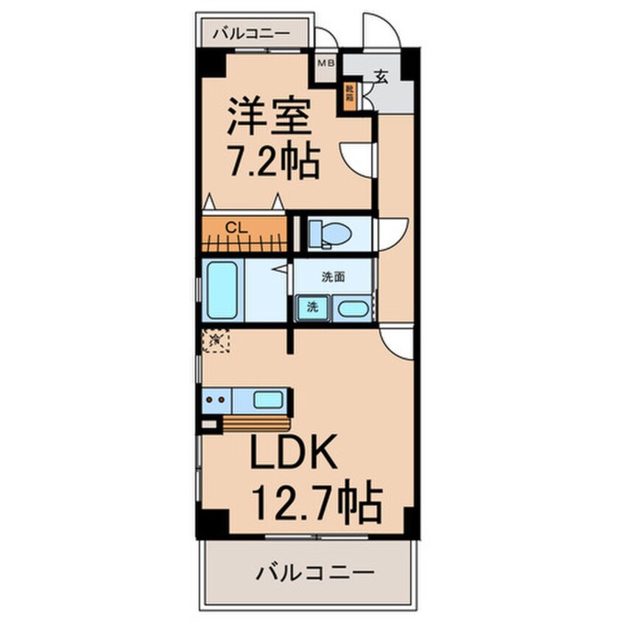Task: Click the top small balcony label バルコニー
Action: [x=250, y=33]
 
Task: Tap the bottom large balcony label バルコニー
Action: [x=315, y=572]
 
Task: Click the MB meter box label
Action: [x=325, y=63]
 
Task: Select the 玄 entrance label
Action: [x=381, y=76]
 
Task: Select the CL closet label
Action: [x=236, y=227]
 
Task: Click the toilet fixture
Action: [x=329, y=234]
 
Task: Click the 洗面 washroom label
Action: [x=333, y=278]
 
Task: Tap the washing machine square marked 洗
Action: [x=311, y=307]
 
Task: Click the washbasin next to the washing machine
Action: [x=352, y=309]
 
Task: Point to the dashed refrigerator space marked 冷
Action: [x=217, y=339]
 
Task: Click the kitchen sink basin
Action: [x=267, y=400]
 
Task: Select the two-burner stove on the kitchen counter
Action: [x=217, y=401]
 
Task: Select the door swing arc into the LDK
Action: [x=398, y=343]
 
